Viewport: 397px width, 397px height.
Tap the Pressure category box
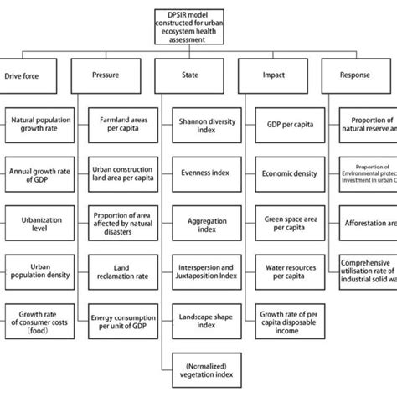click(117, 75)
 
